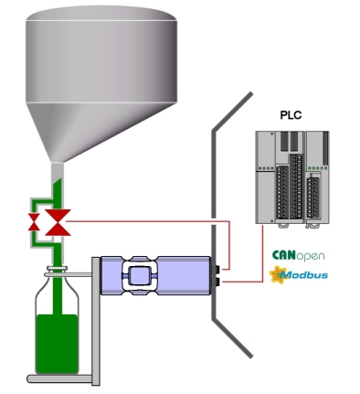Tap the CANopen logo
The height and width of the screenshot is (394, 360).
[298, 255]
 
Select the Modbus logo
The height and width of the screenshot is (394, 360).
[299, 274]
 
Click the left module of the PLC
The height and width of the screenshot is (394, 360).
[280, 178]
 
